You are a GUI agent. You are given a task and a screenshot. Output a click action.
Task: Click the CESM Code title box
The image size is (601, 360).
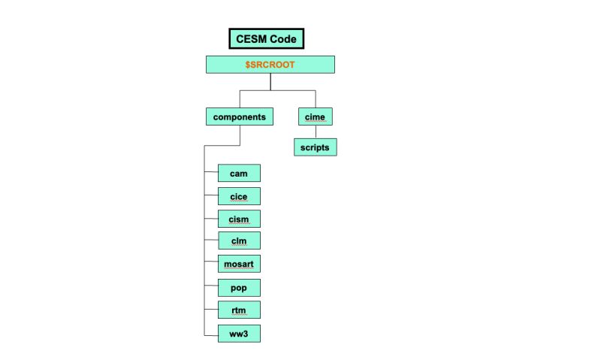267,39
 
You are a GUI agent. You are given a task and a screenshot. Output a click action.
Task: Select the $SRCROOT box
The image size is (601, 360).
270,65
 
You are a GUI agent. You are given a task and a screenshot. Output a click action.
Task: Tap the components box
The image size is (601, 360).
240,117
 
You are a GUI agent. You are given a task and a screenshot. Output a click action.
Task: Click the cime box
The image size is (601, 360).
315,117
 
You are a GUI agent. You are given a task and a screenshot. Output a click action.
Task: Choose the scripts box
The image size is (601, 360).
315,147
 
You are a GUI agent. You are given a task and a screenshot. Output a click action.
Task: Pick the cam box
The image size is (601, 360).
239,174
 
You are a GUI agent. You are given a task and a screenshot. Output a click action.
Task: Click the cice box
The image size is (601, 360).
239,196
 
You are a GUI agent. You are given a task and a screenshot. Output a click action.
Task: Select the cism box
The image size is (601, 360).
239,219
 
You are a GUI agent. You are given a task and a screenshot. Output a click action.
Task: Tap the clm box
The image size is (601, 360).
239,241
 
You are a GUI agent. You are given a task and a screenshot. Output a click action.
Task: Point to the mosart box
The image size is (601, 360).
239,265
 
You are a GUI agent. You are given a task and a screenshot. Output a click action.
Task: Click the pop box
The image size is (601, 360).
239,287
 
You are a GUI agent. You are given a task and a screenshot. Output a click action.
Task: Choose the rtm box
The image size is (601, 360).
239,310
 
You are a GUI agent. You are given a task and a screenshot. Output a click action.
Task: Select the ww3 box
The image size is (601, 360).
239,333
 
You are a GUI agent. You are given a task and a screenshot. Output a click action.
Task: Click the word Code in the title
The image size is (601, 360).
283,39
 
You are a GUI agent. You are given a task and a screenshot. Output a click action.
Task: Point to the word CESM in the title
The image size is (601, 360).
252,39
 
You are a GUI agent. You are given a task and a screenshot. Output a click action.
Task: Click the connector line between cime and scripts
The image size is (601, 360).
315,132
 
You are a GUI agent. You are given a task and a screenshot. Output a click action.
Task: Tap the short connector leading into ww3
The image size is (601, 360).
211,333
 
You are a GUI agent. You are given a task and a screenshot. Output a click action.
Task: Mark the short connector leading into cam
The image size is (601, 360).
211,174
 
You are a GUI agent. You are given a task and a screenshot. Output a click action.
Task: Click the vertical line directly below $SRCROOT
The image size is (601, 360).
270,82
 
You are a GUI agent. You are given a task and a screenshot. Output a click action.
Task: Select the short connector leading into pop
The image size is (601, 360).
211,287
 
